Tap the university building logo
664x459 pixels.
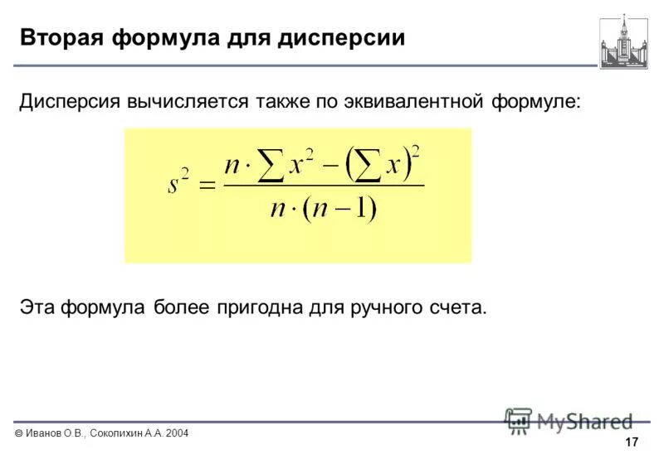tap(623, 41)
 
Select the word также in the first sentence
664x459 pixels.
tap(284, 102)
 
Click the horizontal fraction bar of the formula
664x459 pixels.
tap(324, 185)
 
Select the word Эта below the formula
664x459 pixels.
tap(38, 307)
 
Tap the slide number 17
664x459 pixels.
tap(632, 441)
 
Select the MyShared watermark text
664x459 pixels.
tap(584, 421)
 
